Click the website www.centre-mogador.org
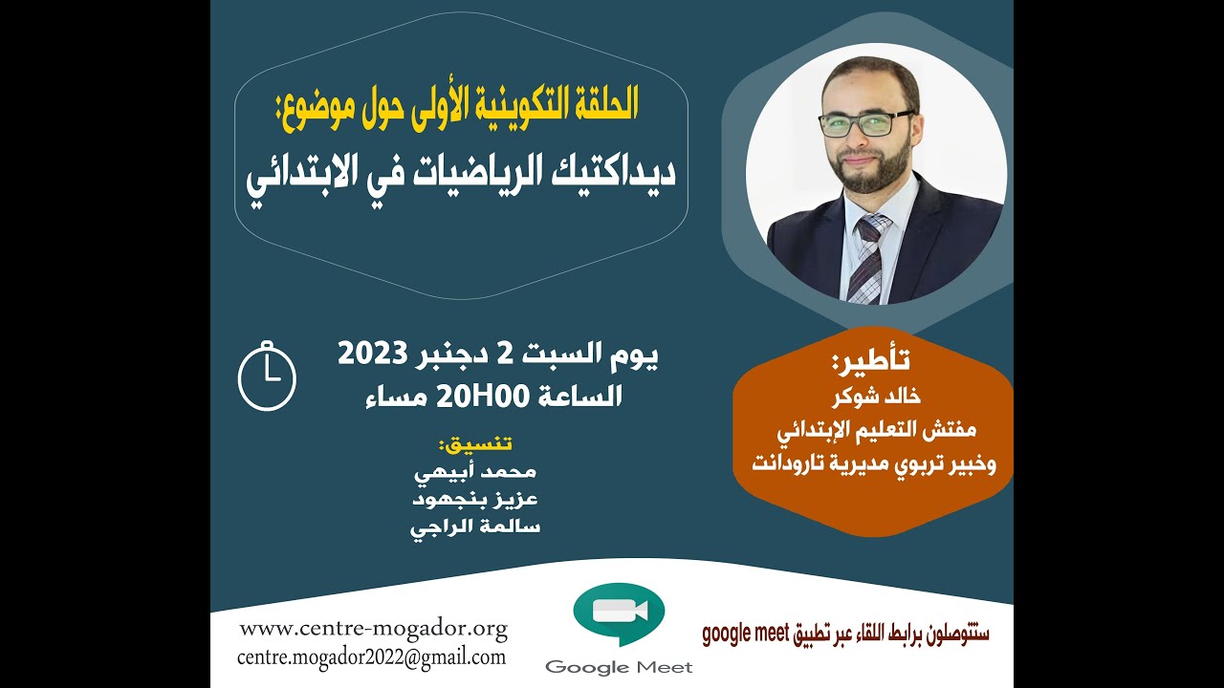373,629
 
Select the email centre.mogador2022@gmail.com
372,657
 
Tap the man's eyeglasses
865,123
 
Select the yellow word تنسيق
474,445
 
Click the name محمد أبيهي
474,472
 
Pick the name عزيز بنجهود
474,500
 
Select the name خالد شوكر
871,394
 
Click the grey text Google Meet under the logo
619,667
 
